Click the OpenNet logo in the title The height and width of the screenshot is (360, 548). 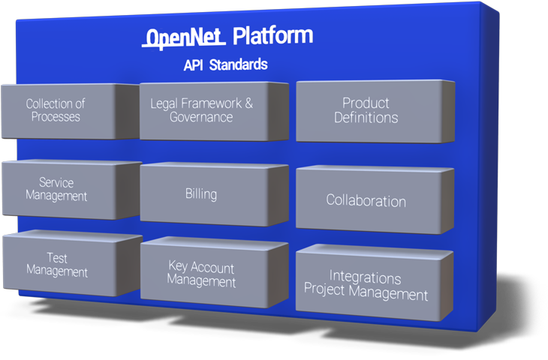coord(184,37)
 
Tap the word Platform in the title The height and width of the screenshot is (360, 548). coord(272,35)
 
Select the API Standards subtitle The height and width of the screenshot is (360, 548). coord(225,65)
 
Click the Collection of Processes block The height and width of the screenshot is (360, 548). coord(70,111)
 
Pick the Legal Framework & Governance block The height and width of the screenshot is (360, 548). coord(214,112)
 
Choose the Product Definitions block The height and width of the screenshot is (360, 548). coord(375,112)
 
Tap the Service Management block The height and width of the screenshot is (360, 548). coord(71,189)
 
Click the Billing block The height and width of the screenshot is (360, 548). coord(214,194)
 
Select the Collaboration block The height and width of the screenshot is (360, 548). coord(375,199)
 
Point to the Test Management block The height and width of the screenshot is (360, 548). coord(73,263)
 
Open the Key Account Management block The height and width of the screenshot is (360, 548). coord(214,272)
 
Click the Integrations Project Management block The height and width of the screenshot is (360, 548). coord(375,283)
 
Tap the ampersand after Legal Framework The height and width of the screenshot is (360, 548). coord(248,103)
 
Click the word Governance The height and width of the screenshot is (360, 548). coord(201,117)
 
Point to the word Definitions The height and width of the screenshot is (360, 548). coord(366,118)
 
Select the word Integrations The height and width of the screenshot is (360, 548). coord(366,277)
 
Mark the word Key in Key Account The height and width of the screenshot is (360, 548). coord(178,266)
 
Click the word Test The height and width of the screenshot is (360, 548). coord(57,258)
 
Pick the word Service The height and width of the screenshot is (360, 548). coord(56,182)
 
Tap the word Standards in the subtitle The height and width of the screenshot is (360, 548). coord(239,65)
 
